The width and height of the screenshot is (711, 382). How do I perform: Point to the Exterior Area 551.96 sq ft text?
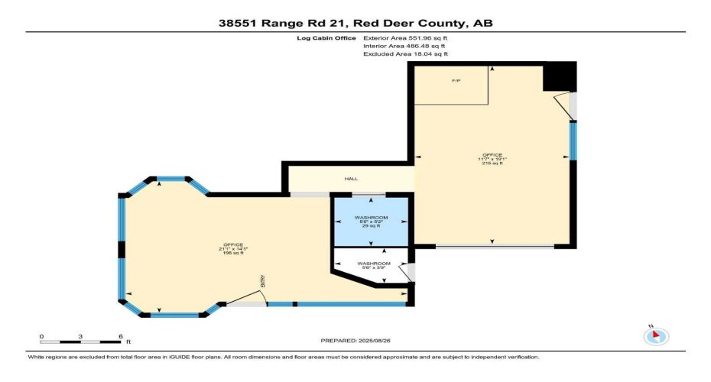tap(404, 37)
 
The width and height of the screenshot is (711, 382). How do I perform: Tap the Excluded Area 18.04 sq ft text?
tap(405, 54)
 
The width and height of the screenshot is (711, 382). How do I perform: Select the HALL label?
tap(352, 178)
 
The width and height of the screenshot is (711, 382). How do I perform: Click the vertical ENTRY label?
tap(261, 282)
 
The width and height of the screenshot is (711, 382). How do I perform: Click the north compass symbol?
tap(657, 335)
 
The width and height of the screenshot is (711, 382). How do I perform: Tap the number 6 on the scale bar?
tap(121, 336)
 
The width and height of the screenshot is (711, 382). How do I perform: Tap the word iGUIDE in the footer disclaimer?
tap(209, 357)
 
